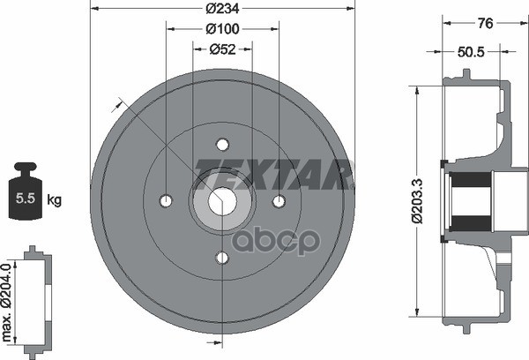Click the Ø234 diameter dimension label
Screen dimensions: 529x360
(x=222, y=8)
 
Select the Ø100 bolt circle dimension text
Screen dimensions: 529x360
(x=222, y=29)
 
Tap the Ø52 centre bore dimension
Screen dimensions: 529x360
(x=222, y=49)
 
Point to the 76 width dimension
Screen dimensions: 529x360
(x=486, y=23)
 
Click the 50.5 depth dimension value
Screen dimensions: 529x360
(x=471, y=52)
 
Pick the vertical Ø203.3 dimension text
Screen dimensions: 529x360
(x=417, y=200)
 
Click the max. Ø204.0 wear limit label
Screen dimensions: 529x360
(x=7, y=302)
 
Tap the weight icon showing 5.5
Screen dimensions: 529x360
(x=26, y=191)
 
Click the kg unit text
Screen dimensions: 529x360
(x=54, y=200)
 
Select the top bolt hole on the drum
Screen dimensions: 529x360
(x=222, y=145)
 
